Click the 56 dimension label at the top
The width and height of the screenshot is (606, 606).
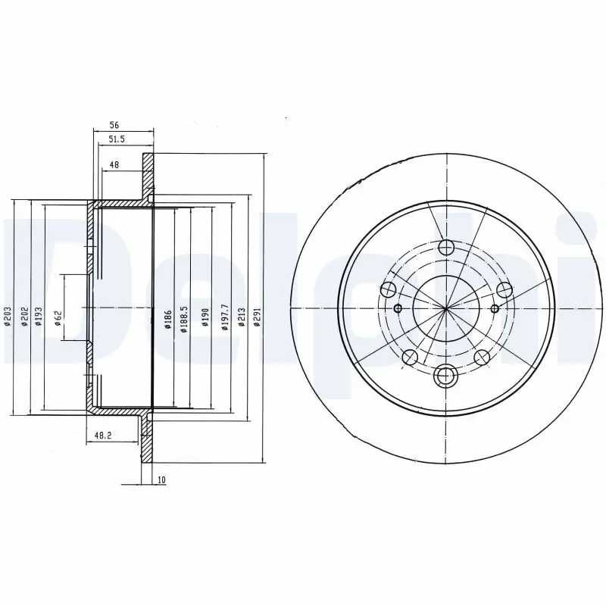pos(114,126)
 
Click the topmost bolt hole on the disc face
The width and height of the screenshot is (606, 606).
pos(446,247)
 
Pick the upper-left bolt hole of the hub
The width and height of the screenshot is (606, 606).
pos(389,289)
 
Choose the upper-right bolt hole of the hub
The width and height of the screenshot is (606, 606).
pos(504,289)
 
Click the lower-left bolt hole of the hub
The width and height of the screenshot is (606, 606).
pos(411,357)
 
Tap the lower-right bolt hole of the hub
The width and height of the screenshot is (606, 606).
pos(482,357)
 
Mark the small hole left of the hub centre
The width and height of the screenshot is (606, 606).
pos(398,308)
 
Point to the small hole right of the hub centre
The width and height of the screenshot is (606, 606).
pos(495,308)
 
